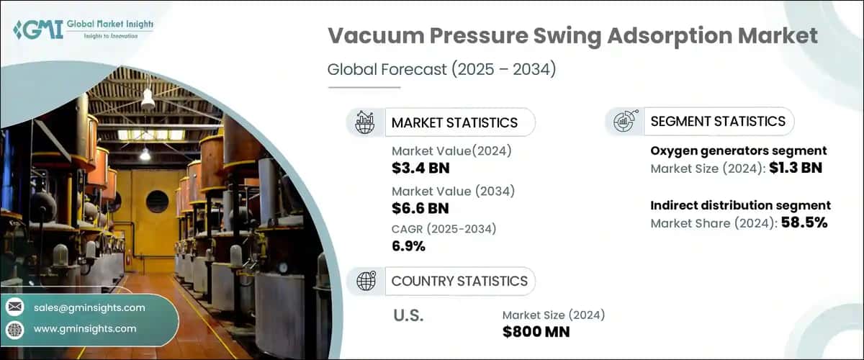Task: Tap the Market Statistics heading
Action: pos(454,122)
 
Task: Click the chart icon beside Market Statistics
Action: pos(364,122)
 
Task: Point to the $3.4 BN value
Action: pos(420,168)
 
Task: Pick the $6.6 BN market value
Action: pos(420,209)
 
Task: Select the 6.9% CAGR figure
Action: pos(408,247)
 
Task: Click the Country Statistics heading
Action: pos(459,281)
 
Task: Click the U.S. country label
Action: pos(408,315)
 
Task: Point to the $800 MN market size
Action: pos(536,332)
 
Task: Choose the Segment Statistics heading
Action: pos(717,121)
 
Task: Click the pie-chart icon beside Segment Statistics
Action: pos(624,122)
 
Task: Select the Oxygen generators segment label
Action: pos(738,150)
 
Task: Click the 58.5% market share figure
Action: pos(801,222)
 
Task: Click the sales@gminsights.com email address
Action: pos(89,307)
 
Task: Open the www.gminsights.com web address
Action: pos(85,328)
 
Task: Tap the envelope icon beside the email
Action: pos(14,307)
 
